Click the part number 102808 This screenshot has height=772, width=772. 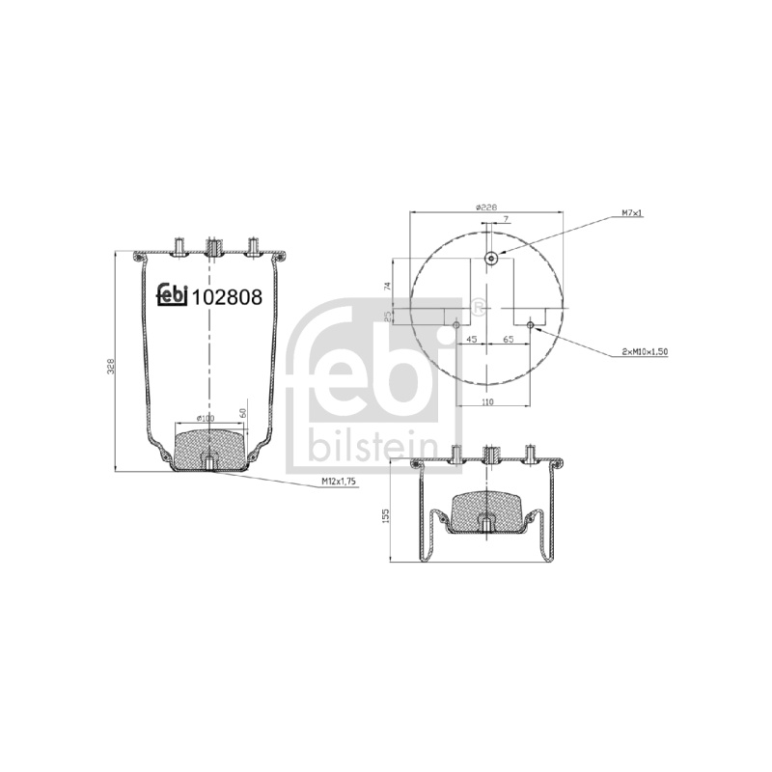[227, 297]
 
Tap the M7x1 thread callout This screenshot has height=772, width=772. [632, 213]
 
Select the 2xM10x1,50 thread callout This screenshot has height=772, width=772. [645, 351]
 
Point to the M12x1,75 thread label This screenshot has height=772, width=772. [339, 482]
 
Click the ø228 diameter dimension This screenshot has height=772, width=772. [486, 207]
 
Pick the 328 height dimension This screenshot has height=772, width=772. [111, 366]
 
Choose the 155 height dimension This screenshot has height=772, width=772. [385, 515]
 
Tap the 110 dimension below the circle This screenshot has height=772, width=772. [486, 401]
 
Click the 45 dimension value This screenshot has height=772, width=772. [471, 340]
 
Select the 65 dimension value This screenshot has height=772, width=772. [509, 340]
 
